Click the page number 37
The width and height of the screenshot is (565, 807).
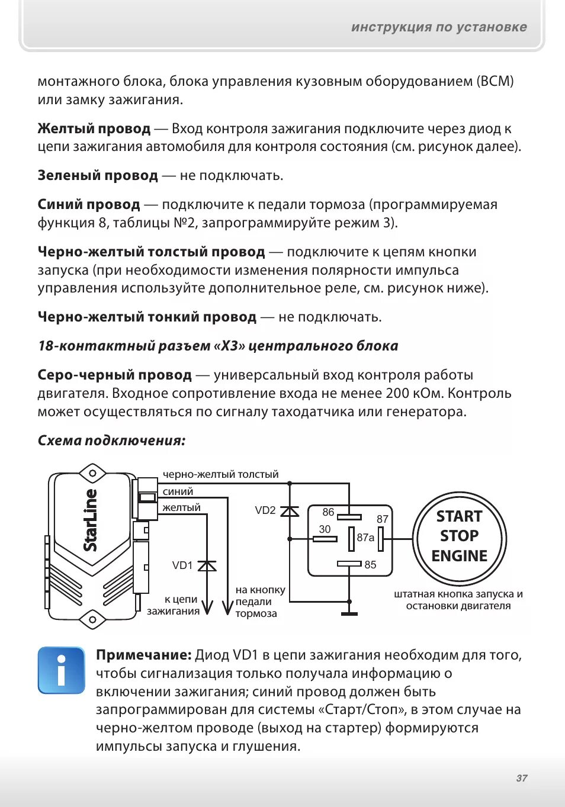(521, 778)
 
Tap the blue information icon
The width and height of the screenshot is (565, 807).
(61, 670)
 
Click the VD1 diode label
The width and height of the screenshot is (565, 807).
(182, 565)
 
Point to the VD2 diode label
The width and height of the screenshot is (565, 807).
(265, 510)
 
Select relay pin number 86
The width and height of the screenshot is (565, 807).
(328, 512)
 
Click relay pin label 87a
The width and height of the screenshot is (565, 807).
(365, 538)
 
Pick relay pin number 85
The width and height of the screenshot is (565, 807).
(370, 565)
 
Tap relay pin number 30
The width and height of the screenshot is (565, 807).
(325, 529)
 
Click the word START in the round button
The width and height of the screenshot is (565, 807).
(459, 516)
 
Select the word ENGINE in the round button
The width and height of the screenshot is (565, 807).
(459, 556)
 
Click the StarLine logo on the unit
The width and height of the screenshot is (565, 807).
(90, 520)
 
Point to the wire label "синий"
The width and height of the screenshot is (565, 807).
(178, 491)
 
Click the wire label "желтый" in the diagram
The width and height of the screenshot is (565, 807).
(181, 507)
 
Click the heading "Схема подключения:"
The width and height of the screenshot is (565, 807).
(111, 441)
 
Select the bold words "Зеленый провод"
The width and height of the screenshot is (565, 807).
(98, 176)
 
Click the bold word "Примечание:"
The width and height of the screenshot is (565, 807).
(143, 655)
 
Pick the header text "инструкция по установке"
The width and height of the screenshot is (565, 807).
(439, 27)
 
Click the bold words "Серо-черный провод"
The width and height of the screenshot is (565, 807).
(114, 375)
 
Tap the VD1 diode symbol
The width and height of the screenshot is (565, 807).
(207, 566)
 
